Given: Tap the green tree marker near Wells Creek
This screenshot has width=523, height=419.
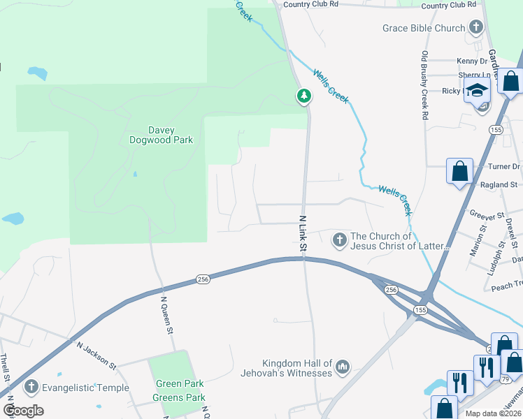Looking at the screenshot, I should tap(304, 96).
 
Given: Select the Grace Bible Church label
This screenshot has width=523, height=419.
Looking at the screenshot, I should tap(424, 28).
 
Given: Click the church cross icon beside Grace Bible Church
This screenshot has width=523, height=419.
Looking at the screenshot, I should tap(476, 28).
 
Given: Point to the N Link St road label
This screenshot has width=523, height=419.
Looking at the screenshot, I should tap(304, 234).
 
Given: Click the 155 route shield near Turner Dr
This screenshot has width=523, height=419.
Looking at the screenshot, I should tap(496, 130).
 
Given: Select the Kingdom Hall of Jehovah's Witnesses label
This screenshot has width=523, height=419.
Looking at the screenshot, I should tap(297, 368).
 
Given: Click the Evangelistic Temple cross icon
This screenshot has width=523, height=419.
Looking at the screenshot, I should tap(30, 387).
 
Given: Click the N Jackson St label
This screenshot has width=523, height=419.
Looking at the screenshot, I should tap(96, 353).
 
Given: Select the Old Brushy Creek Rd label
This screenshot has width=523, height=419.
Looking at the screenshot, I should tap(424, 84).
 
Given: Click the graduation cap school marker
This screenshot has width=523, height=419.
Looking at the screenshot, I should tap(478, 91).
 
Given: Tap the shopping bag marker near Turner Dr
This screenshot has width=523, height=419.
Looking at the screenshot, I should tap(460, 170).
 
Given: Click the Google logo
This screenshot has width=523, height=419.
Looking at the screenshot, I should tap(23, 411).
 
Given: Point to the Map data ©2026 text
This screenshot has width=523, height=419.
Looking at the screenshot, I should tap(492, 413).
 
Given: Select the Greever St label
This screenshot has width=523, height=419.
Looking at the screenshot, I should tap(487, 216).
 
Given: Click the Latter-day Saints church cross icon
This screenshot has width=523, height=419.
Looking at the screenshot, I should tap(339, 241).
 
